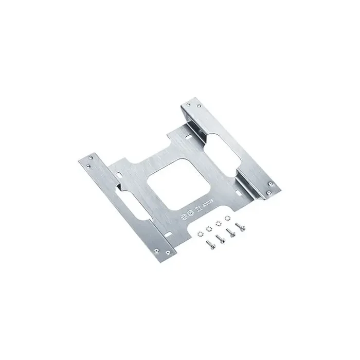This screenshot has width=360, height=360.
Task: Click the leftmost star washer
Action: pos(200,233)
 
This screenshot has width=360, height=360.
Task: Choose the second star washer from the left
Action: pos(208,228)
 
